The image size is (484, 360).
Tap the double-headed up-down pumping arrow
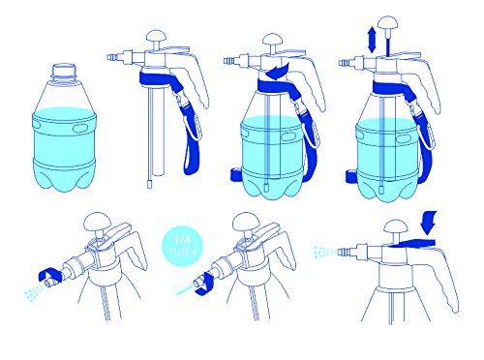372,40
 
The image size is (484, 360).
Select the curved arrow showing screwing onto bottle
277,72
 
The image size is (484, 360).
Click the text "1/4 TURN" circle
182,246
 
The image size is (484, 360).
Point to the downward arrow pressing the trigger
429,223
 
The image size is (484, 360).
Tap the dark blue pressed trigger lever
412,244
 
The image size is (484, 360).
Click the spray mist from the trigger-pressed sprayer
325,252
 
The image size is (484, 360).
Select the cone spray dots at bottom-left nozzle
34,292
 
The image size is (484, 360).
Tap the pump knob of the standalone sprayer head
156,36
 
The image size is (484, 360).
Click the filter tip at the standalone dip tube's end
149,185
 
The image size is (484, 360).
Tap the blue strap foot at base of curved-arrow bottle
236,175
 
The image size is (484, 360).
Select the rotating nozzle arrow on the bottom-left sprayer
48,275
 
